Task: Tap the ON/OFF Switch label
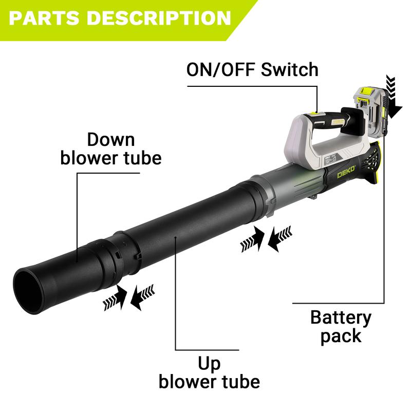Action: click(252, 69)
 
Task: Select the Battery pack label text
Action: click(341, 326)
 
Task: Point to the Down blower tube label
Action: click(110, 148)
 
